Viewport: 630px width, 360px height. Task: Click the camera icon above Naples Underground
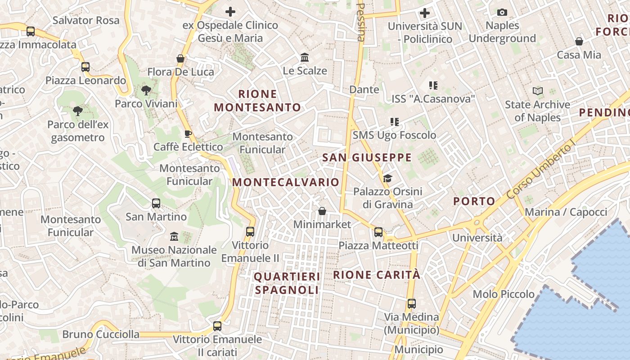tap(502, 13)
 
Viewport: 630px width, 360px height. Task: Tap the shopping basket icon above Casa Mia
tap(579, 42)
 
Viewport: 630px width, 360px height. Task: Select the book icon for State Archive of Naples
tap(537, 91)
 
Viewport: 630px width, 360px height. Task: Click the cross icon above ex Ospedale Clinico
tap(230, 12)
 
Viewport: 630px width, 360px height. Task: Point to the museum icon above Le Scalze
tap(305, 58)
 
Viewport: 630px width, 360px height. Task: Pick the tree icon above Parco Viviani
tap(146, 90)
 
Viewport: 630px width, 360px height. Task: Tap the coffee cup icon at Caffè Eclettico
tap(188, 134)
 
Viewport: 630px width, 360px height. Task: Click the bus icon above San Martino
tap(156, 203)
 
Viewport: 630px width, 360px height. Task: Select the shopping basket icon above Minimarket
tap(322, 211)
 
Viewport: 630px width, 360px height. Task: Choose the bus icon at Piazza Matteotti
tap(378, 232)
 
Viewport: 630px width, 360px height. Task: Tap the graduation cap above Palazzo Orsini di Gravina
tap(387, 179)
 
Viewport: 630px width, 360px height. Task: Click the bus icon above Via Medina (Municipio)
tap(411, 304)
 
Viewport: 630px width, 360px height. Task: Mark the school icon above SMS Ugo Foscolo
tap(395, 121)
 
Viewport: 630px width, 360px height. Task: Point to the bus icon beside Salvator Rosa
tap(31, 31)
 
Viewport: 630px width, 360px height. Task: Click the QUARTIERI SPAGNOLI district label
tap(287, 283)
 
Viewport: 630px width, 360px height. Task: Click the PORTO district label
tap(474, 201)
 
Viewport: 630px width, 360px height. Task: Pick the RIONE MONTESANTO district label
tap(257, 101)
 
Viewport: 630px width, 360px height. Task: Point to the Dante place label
tap(364, 90)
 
